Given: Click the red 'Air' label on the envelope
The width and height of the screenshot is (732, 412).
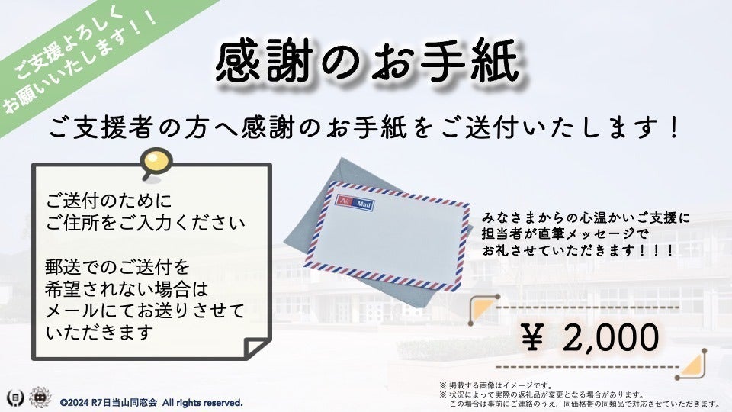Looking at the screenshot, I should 345,201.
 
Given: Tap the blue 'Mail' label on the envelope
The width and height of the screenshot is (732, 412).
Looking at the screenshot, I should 363,203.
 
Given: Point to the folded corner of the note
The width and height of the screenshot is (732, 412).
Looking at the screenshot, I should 255,345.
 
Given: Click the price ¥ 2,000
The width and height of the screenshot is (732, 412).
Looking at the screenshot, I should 590,336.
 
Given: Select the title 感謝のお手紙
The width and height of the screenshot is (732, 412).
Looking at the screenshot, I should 367,61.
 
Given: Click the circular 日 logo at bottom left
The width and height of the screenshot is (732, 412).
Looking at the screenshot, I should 13,398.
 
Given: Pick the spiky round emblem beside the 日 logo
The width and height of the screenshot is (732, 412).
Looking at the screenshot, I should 37,398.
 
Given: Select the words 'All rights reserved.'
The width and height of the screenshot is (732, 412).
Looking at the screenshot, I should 202,402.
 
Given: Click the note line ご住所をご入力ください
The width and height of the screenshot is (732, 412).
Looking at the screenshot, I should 145,223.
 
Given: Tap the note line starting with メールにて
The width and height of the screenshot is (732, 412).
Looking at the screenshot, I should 145,311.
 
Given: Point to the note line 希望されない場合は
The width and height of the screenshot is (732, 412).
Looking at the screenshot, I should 126,289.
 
